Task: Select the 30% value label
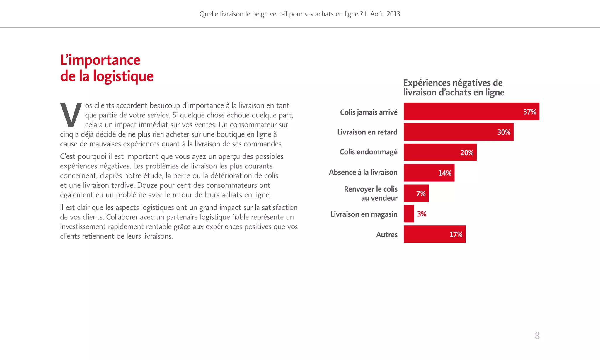point(504,132)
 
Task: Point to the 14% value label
point(444,173)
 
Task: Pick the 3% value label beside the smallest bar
point(422,214)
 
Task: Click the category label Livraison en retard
point(367,132)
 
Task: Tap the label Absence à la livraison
point(363,172)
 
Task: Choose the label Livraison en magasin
point(364,214)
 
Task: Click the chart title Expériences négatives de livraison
point(454,87)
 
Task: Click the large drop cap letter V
point(71,115)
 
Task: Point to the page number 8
point(537,335)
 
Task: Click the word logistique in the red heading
point(123,76)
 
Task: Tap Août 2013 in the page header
point(385,14)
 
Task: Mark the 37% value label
point(529,112)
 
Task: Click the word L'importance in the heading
point(100,60)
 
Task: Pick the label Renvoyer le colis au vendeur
point(371,193)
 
